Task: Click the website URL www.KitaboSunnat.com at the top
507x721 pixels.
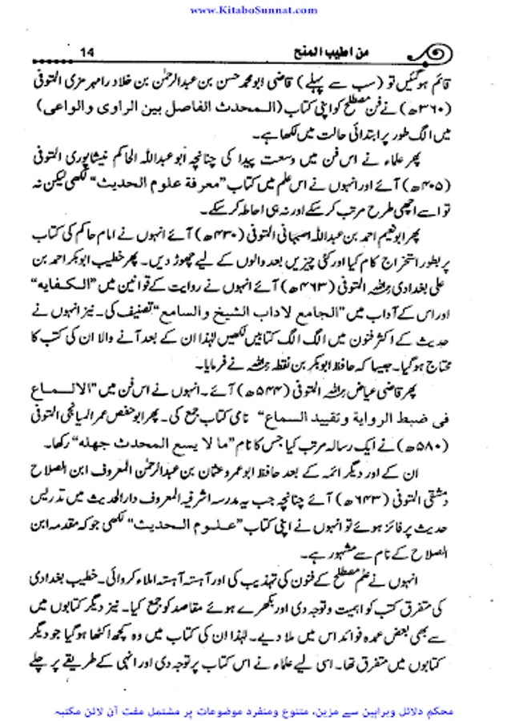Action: click(254, 10)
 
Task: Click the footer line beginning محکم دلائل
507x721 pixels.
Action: click(253, 710)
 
